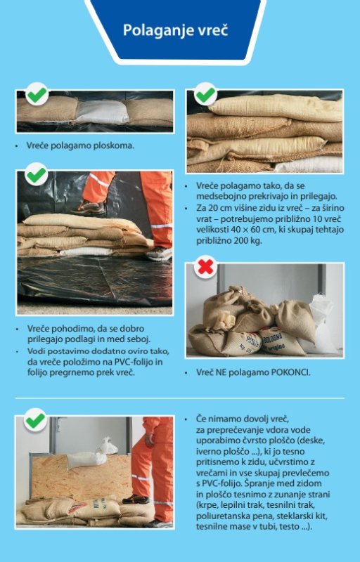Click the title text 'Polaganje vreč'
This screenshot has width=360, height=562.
(176, 30)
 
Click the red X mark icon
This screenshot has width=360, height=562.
(205, 267)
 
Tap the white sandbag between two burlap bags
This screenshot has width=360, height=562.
(102, 112)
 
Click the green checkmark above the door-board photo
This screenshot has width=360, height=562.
(35, 420)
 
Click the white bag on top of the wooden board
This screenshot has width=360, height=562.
(86, 459)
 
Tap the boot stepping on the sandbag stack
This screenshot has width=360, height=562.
(159, 254)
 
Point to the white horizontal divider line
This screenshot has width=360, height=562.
(179, 398)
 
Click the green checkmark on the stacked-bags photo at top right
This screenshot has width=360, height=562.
(205, 94)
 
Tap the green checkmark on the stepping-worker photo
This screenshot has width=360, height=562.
(36, 174)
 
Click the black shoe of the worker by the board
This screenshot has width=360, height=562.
(136, 499)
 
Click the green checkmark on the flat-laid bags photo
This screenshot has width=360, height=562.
(37, 94)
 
